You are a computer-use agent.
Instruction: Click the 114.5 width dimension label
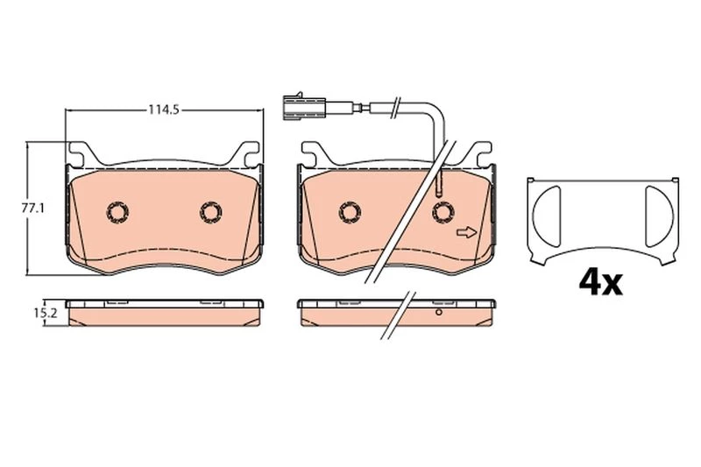click(x=164, y=110)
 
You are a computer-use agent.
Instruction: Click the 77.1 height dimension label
click(x=33, y=208)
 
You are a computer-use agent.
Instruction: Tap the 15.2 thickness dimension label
click(x=46, y=313)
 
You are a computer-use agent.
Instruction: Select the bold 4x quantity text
click(x=600, y=282)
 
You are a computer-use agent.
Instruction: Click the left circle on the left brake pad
click(x=118, y=212)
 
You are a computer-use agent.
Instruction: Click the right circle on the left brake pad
click(x=211, y=212)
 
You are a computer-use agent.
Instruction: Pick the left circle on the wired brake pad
click(x=350, y=212)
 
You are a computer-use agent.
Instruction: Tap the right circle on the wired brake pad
click(x=443, y=212)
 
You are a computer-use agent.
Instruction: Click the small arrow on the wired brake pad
click(x=467, y=232)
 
